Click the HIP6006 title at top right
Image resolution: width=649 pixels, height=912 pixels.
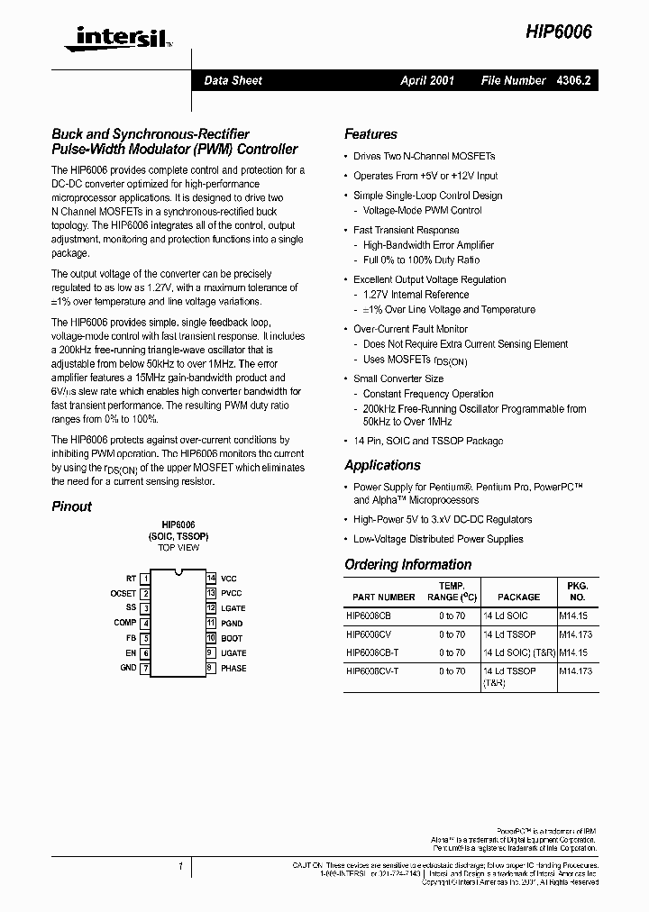tap(560, 32)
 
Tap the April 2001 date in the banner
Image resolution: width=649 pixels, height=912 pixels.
tap(427, 80)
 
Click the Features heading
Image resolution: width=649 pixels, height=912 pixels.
tap(370, 134)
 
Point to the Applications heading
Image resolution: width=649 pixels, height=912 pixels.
tap(382, 465)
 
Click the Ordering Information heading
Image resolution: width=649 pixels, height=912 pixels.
tap(407, 564)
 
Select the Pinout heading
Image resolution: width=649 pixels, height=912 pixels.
tap(71, 506)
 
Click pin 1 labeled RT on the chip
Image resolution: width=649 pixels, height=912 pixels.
tap(132, 578)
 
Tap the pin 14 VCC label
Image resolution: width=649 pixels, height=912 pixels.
tap(229, 578)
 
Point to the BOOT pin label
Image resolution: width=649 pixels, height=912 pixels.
tap(231, 637)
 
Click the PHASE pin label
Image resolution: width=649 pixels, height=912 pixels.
tap(233, 668)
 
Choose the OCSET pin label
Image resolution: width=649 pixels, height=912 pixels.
tap(123, 593)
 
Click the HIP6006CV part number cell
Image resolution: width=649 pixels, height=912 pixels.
tap(368, 634)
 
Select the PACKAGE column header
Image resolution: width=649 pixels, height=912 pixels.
tap(518, 597)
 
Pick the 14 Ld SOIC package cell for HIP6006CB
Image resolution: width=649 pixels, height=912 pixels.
tap(507, 616)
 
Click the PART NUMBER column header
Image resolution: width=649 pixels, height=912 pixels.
tap(384, 597)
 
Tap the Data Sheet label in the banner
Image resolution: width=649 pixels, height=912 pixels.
tap(233, 80)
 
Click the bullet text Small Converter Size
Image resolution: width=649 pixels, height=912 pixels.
tap(398, 378)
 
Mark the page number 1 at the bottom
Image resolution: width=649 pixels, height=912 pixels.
tap(180, 866)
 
